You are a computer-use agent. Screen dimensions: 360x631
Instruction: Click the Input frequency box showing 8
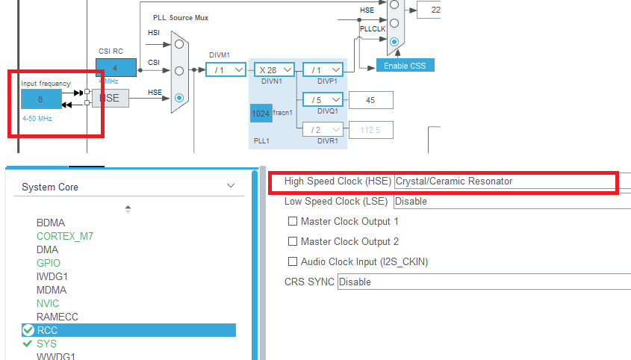(40, 99)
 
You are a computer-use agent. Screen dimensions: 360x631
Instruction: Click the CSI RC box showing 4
(116, 67)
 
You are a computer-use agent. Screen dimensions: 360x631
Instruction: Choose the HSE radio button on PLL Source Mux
(179, 97)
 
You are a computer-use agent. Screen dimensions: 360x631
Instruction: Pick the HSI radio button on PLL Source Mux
(179, 43)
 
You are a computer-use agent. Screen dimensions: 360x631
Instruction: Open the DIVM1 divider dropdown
(226, 69)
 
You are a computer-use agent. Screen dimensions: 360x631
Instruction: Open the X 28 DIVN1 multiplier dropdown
(273, 69)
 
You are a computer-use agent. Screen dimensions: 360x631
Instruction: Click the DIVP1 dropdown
(323, 69)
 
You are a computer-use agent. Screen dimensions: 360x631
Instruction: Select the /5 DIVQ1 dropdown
(323, 99)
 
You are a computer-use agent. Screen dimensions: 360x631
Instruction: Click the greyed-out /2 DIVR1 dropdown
(323, 129)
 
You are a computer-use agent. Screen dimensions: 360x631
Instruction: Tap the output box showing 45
(370, 99)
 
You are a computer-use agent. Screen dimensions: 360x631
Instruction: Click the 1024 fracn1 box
(261, 113)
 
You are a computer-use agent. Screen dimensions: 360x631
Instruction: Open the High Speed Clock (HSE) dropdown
(512, 181)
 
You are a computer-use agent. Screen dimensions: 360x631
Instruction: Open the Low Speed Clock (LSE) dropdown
(512, 201)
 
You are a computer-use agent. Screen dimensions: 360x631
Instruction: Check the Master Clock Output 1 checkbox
(293, 222)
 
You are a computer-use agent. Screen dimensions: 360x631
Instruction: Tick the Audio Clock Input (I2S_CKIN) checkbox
(293, 261)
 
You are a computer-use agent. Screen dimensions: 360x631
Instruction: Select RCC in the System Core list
(47, 330)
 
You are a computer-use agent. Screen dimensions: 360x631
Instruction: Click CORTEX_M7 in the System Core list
(65, 236)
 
